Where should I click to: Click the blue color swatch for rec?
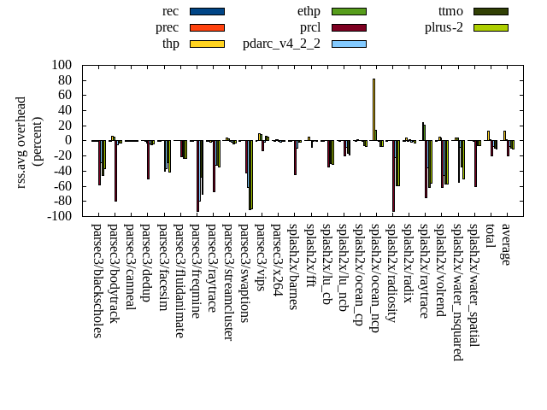(x=207, y=11)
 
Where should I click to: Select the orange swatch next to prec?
(x=207, y=27)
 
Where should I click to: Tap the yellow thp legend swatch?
(x=207, y=44)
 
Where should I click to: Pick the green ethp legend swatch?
(x=349, y=11)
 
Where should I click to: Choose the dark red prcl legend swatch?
(x=349, y=27)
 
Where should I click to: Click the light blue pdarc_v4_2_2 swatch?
(x=349, y=44)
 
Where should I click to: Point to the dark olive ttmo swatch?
(x=491, y=11)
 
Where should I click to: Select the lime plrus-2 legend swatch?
(x=491, y=27)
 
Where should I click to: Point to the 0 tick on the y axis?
(x=68, y=141)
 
